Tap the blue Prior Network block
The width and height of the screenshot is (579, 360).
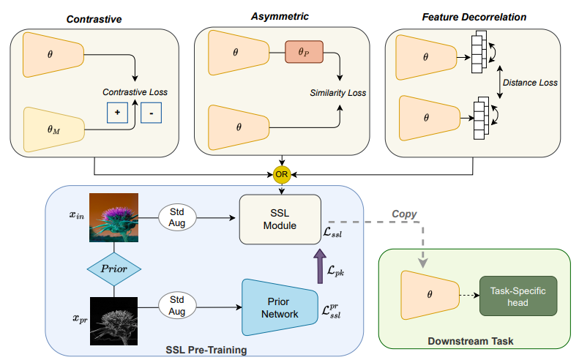pyautogui.click(x=278, y=308)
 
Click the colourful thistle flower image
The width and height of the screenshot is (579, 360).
pyautogui.click(x=113, y=217)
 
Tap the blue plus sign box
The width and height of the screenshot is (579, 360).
pyautogui.click(x=117, y=113)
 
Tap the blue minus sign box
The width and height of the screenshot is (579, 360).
pyautogui.click(x=151, y=113)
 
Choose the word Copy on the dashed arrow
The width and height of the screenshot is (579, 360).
pyautogui.click(x=404, y=214)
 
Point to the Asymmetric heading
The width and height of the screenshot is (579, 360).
pyautogui.click(x=281, y=16)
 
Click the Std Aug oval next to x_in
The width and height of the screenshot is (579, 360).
pyautogui.click(x=179, y=217)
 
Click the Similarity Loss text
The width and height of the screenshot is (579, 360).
pyautogui.click(x=337, y=93)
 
